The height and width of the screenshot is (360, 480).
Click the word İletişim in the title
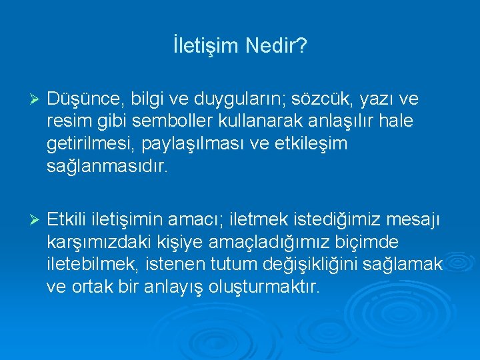coord(206,47)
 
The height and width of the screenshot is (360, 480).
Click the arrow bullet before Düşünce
coord(37,99)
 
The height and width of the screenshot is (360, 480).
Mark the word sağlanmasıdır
coord(108,166)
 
